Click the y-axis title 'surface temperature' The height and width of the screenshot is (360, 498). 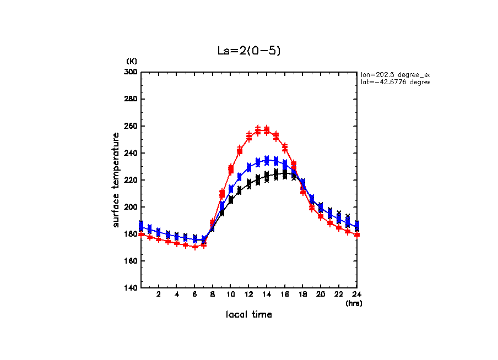[116, 179]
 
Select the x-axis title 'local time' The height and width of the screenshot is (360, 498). [249, 315]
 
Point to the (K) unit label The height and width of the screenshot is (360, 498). [132, 61]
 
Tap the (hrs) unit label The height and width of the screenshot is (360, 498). [354, 303]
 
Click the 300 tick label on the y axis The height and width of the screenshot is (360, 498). [132, 72]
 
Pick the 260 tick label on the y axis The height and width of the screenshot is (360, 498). [132, 126]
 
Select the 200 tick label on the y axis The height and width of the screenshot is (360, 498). [132, 207]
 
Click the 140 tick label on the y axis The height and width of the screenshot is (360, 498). [132, 288]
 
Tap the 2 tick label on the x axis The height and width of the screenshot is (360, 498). [159, 294]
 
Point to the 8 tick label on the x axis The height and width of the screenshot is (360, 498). [213, 294]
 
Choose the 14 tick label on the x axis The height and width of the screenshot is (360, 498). [267, 294]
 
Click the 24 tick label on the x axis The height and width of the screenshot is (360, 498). [356, 294]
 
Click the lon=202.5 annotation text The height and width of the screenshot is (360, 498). [394, 74]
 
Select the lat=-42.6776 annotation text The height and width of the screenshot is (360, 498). [394, 82]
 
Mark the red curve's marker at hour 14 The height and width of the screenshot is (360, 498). [267, 131]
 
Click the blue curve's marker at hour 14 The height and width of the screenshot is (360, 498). [267, 160]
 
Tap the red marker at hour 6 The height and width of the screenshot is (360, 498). [195, 247]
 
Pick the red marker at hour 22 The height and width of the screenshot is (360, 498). [339, 227]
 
